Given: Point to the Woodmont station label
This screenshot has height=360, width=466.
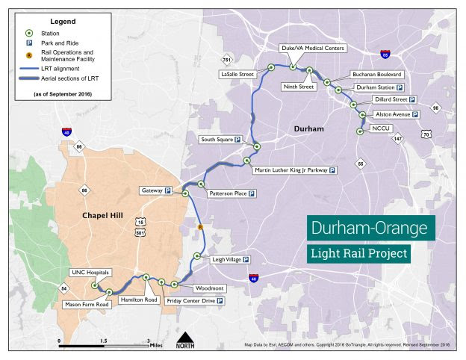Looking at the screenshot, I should click(208, 288).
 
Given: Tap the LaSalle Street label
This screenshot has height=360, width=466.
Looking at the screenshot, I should click(237, 75).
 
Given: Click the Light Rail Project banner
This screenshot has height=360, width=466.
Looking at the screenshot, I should click(360, 254).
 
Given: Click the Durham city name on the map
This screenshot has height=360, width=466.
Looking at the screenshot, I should click(309, 129).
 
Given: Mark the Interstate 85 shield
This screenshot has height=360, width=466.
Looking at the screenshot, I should click(385, 55).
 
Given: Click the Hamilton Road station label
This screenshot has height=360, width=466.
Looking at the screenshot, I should click(136, 300).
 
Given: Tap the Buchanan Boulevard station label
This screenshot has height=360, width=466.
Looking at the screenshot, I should click(377, 75).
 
